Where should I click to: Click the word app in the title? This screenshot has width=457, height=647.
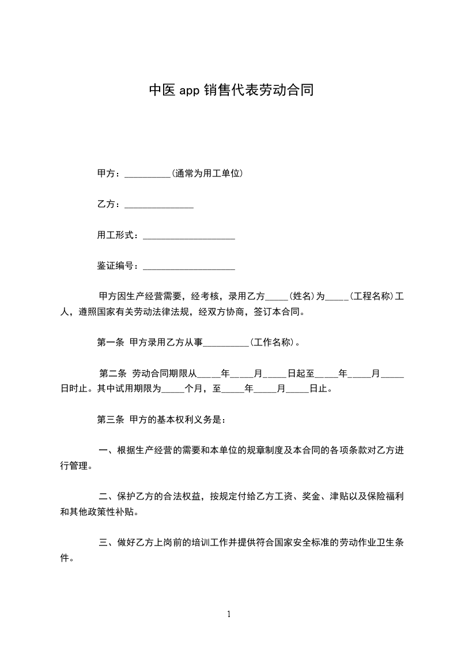coord(189,91)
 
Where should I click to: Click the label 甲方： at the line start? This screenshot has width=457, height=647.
coord(110,173)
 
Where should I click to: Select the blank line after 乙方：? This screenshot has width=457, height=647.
coord(158,205)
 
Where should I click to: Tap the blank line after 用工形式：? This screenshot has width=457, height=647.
coord(188,236)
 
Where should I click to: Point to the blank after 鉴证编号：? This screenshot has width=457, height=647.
coord(188,267)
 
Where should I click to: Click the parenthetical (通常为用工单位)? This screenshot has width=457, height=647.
coord(206,173)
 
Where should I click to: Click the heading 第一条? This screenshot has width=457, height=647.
coord(110,343)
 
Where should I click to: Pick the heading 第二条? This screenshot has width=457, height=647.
coord(113,373)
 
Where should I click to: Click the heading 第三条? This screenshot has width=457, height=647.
coord(110,420)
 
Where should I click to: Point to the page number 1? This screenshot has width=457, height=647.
coord(229,614)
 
